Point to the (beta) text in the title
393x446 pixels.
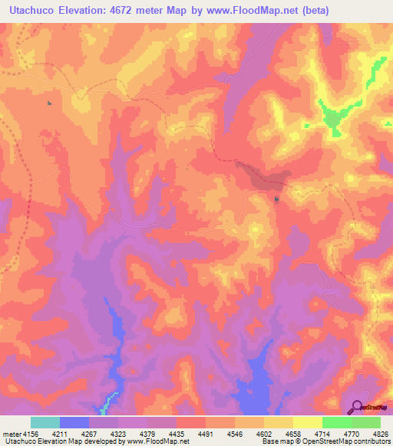tap(364, 10)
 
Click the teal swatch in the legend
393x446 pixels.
tap(45, 421)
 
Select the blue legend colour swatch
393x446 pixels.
tap(74, 421)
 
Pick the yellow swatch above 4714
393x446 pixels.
tap(307, 421)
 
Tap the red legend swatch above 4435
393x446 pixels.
tap(190, 421)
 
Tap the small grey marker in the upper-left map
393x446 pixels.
tap(50, 103)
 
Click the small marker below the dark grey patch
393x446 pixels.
tap(277, 201)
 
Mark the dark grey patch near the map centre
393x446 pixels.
tap(265, 178)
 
